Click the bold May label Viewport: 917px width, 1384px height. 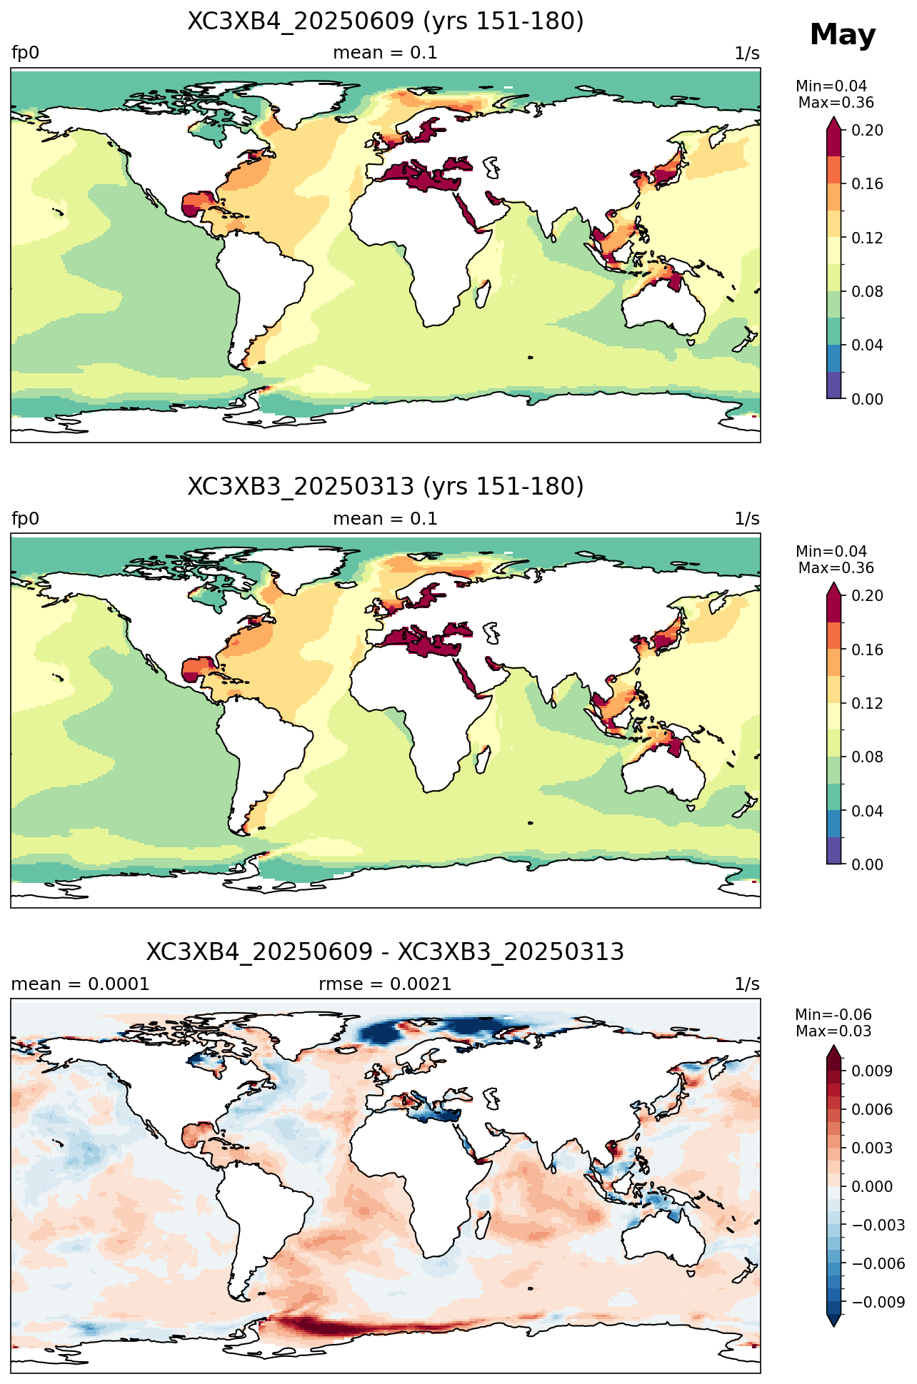click(x=843, y=35)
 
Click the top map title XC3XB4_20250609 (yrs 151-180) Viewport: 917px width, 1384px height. click(x=386, y=21)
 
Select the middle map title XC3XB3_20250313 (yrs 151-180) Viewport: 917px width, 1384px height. click(x=386, y=486)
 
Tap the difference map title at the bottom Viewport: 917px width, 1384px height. click(x=386, y=951)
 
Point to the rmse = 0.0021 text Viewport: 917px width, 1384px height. click(x=385, y=984)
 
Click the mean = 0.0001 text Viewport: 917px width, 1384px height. click(x=80, y=984)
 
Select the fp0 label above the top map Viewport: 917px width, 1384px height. click(x=25, y=54)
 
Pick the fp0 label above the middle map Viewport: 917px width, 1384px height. click(x=25, y=519)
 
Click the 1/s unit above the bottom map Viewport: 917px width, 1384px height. click(x=747, y=984)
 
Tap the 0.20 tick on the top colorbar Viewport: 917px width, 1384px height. click(x=867, y=130)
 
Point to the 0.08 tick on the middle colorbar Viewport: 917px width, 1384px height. click(x=867, y=757)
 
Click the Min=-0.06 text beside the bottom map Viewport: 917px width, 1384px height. click(x=833, y=1015)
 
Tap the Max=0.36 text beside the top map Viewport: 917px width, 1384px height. click(x=836, y=103)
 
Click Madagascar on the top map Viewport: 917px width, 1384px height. click(x=483, y=293)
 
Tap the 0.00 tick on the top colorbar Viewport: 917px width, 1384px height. click(x=867, y=399)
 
